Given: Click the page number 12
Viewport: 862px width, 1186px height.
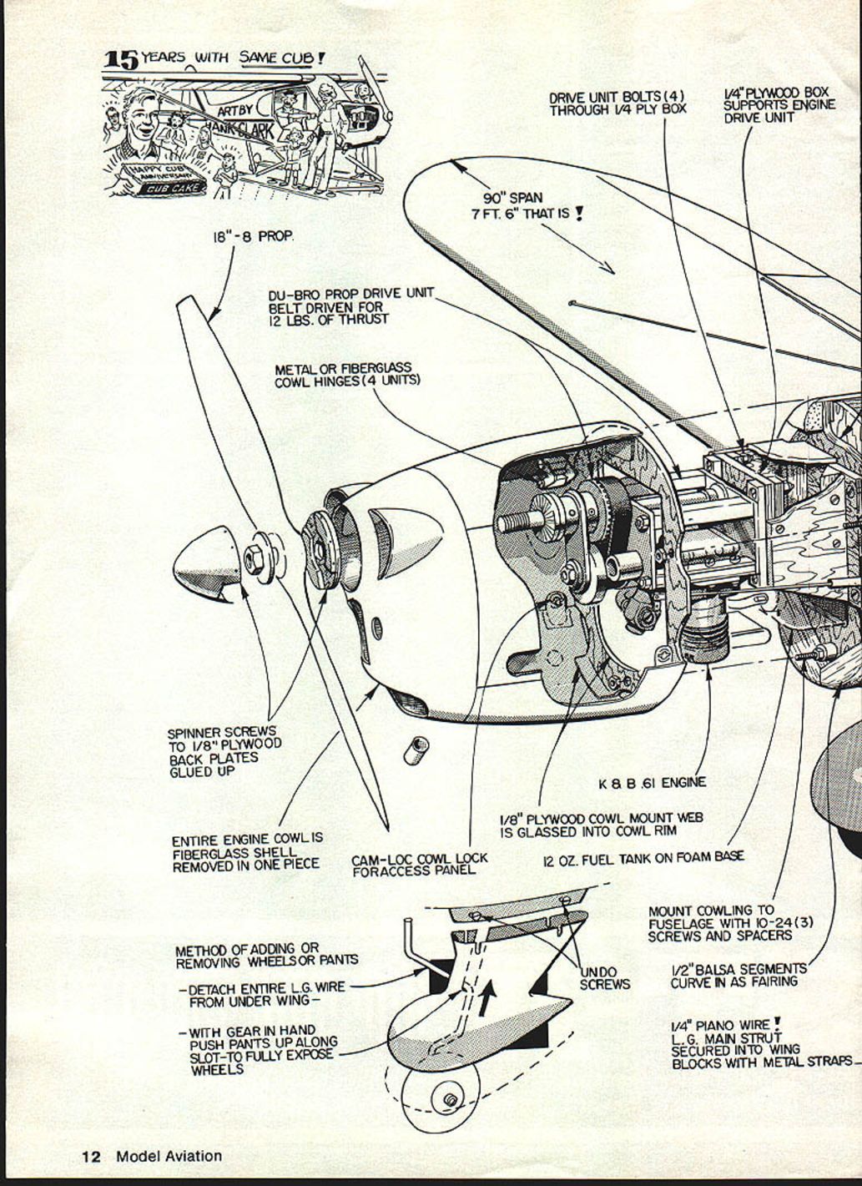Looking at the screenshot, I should pyautogui.click(x=91, y=1157).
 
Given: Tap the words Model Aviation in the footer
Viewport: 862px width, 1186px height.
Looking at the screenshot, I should pyautogui.click(x=169, y=1157).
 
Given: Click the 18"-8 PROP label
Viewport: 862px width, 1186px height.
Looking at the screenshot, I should pyautogui.click(x=252, y=237).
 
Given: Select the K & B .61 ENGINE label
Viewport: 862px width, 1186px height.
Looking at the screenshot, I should pyautogui.click(x=652, y=783).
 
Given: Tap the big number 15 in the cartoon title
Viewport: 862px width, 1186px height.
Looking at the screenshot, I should pyautogui.click(x=120, y=59).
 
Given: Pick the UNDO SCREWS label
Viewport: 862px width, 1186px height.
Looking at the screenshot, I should pyautogui.click(x=605, y=978).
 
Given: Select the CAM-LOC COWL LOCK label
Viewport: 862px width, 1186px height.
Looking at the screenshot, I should pyautogui.click(x=419, y=864).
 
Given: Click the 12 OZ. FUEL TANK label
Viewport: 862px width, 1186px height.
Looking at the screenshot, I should pyautogui.click(x=643, y=857).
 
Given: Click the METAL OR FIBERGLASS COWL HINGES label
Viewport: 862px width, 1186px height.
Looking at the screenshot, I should pyautogui.click(x=347, y=375).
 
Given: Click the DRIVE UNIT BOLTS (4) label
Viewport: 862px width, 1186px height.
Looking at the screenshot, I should pyautogui.click(x=617, y=103).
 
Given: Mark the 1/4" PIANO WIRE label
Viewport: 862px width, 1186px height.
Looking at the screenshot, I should pyautogui.click(x=735, y=1043).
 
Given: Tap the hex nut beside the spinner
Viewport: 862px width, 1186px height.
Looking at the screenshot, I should pyautogui.click(x=253, y=557).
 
